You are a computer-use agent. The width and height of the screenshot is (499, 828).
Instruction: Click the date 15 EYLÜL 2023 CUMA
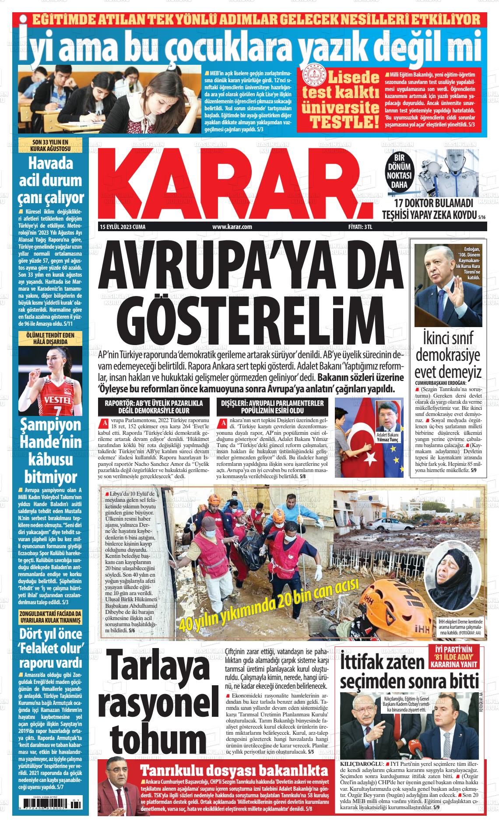coord(123,227)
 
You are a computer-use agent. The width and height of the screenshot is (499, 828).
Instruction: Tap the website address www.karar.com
coord(232,227)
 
